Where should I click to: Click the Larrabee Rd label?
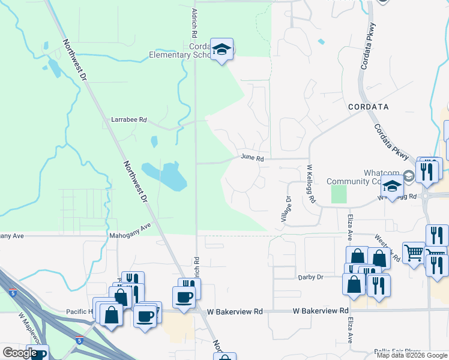pyautogui.click(x=129, y=119)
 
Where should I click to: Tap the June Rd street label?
pyautogui.click(x=252, y=158)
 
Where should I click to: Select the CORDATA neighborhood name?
pyautogui.click(x=368, y=107)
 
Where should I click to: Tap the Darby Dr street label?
pyautogui.click(x=310, y=277)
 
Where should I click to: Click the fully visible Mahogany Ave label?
pyautogui.click(x=129, y=230)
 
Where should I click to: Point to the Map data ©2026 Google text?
pyautogui.click(x=412, y=355)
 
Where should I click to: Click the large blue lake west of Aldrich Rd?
pyautogui.click(x=162, y=176)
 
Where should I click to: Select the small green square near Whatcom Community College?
pyautogui.click(x=339, y=193)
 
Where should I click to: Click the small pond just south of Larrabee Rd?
pyautogui.click(x=154, y=142)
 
